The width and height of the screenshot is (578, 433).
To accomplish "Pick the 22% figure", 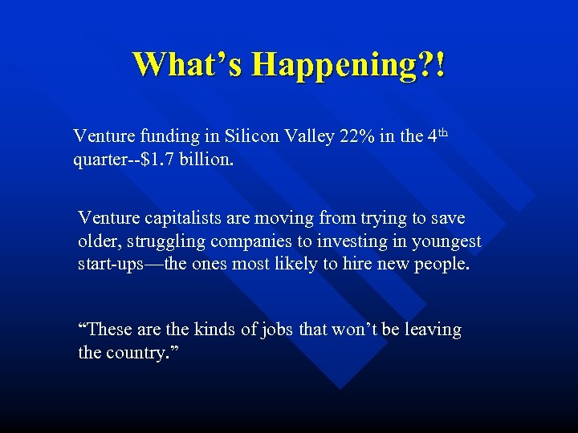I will [354, 136].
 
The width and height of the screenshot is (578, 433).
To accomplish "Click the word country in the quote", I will [137, 353].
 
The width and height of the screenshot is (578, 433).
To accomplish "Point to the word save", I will [448, 218].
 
